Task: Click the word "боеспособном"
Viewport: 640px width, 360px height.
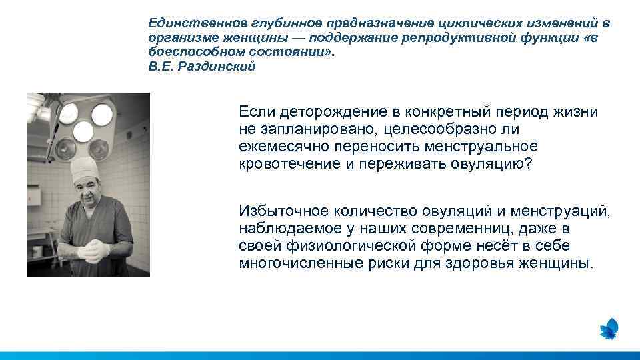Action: [193, 53]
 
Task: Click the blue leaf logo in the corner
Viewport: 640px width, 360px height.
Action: [608, 329]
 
